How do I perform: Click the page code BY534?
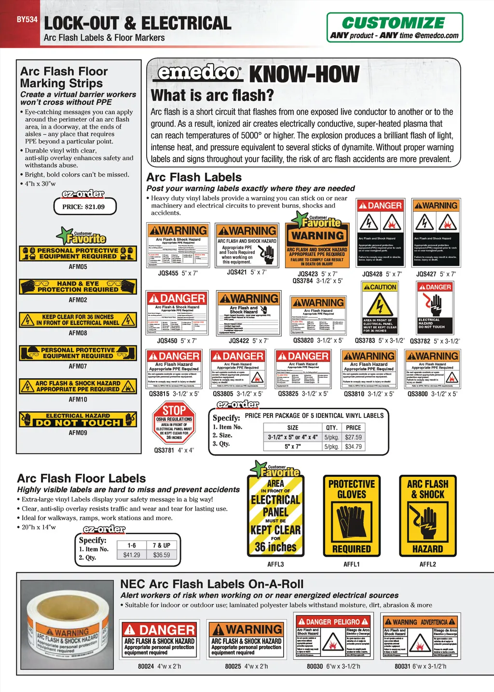click(27, 20)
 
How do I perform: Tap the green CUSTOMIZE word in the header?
click(393, 23)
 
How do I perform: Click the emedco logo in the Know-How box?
click(199, 73)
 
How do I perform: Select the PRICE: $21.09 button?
click(83, 207)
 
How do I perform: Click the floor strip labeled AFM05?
click(78, 253)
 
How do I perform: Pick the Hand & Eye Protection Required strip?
click(78, 287)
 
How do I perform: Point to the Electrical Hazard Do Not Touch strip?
click(78, 419)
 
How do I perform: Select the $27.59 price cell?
click(353, 437)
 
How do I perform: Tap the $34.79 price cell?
click(353, 446)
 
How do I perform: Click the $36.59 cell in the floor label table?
click(162, 555)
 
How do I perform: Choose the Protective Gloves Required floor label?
click(352, 515)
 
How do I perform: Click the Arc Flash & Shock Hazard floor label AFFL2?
click(427, 515)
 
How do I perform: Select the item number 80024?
click(146, 666)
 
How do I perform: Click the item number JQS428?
click(372, 274)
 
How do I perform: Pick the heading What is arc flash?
click(212, 96)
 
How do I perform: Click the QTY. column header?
click(331, 428)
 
